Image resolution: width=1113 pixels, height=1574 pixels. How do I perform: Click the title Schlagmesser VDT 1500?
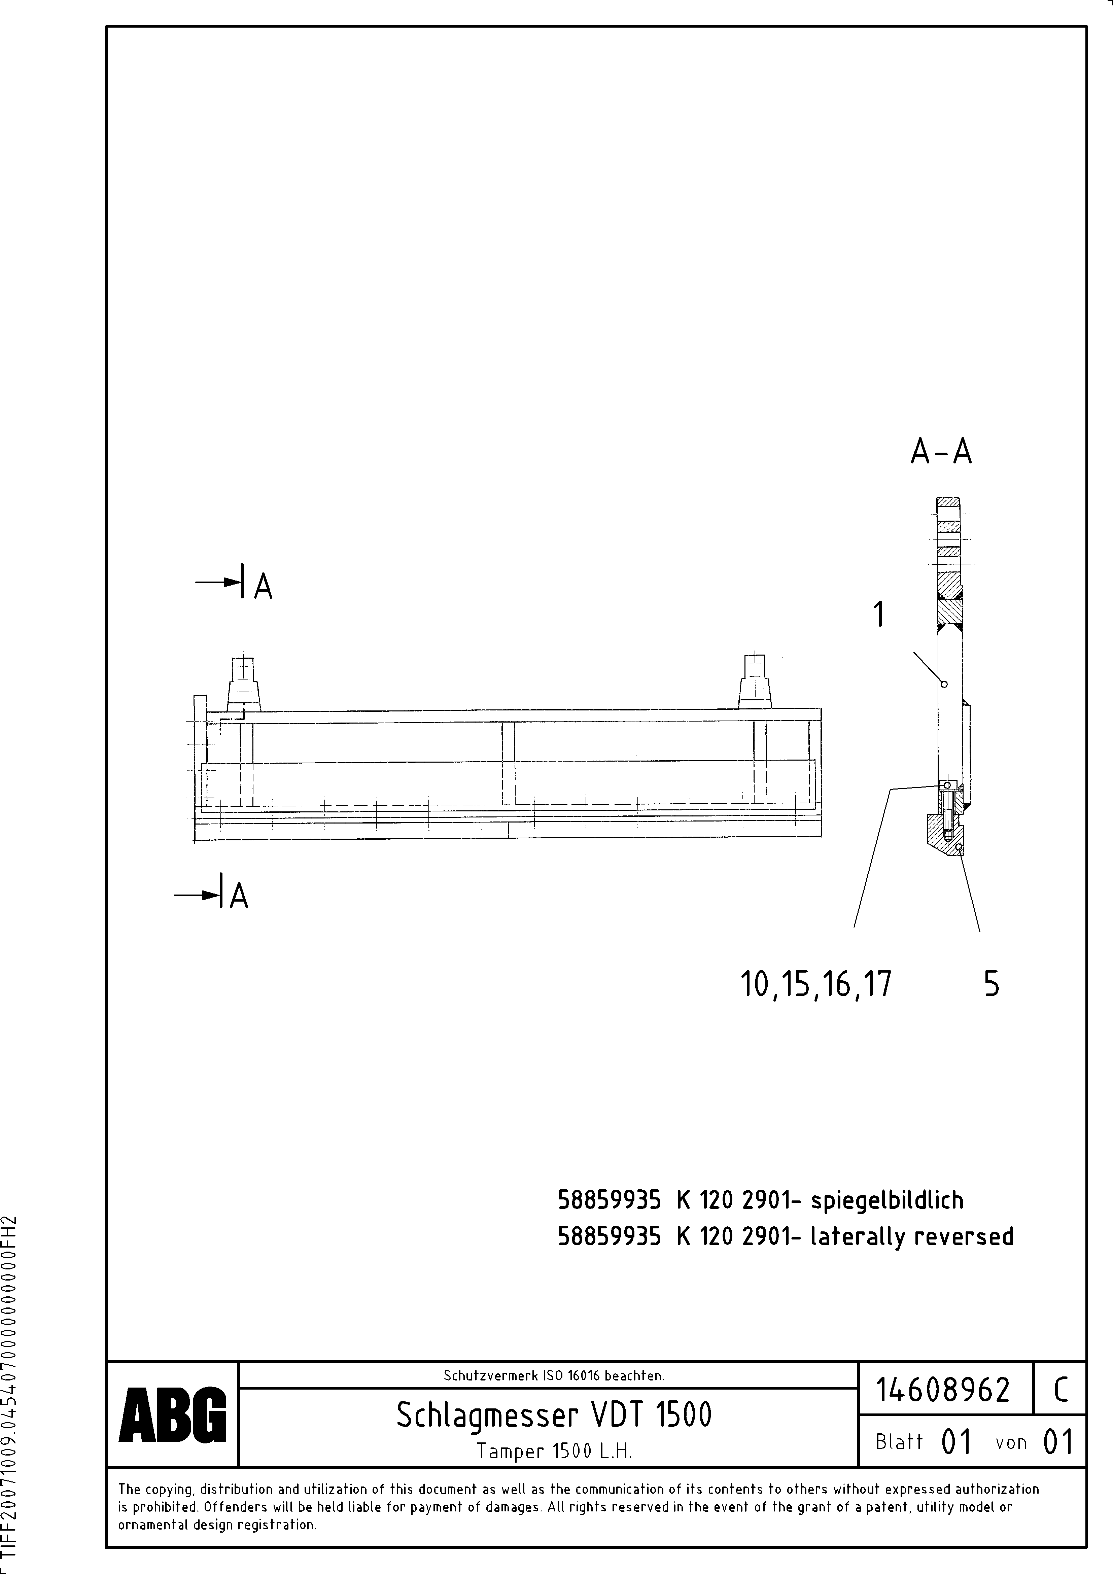coord(554,1414)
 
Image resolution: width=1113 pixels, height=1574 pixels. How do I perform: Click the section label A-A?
coord(941,452)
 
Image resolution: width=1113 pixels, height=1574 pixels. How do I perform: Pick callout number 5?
coord(992,984)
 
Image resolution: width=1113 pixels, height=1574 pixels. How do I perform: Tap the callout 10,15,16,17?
coord(816,984)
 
